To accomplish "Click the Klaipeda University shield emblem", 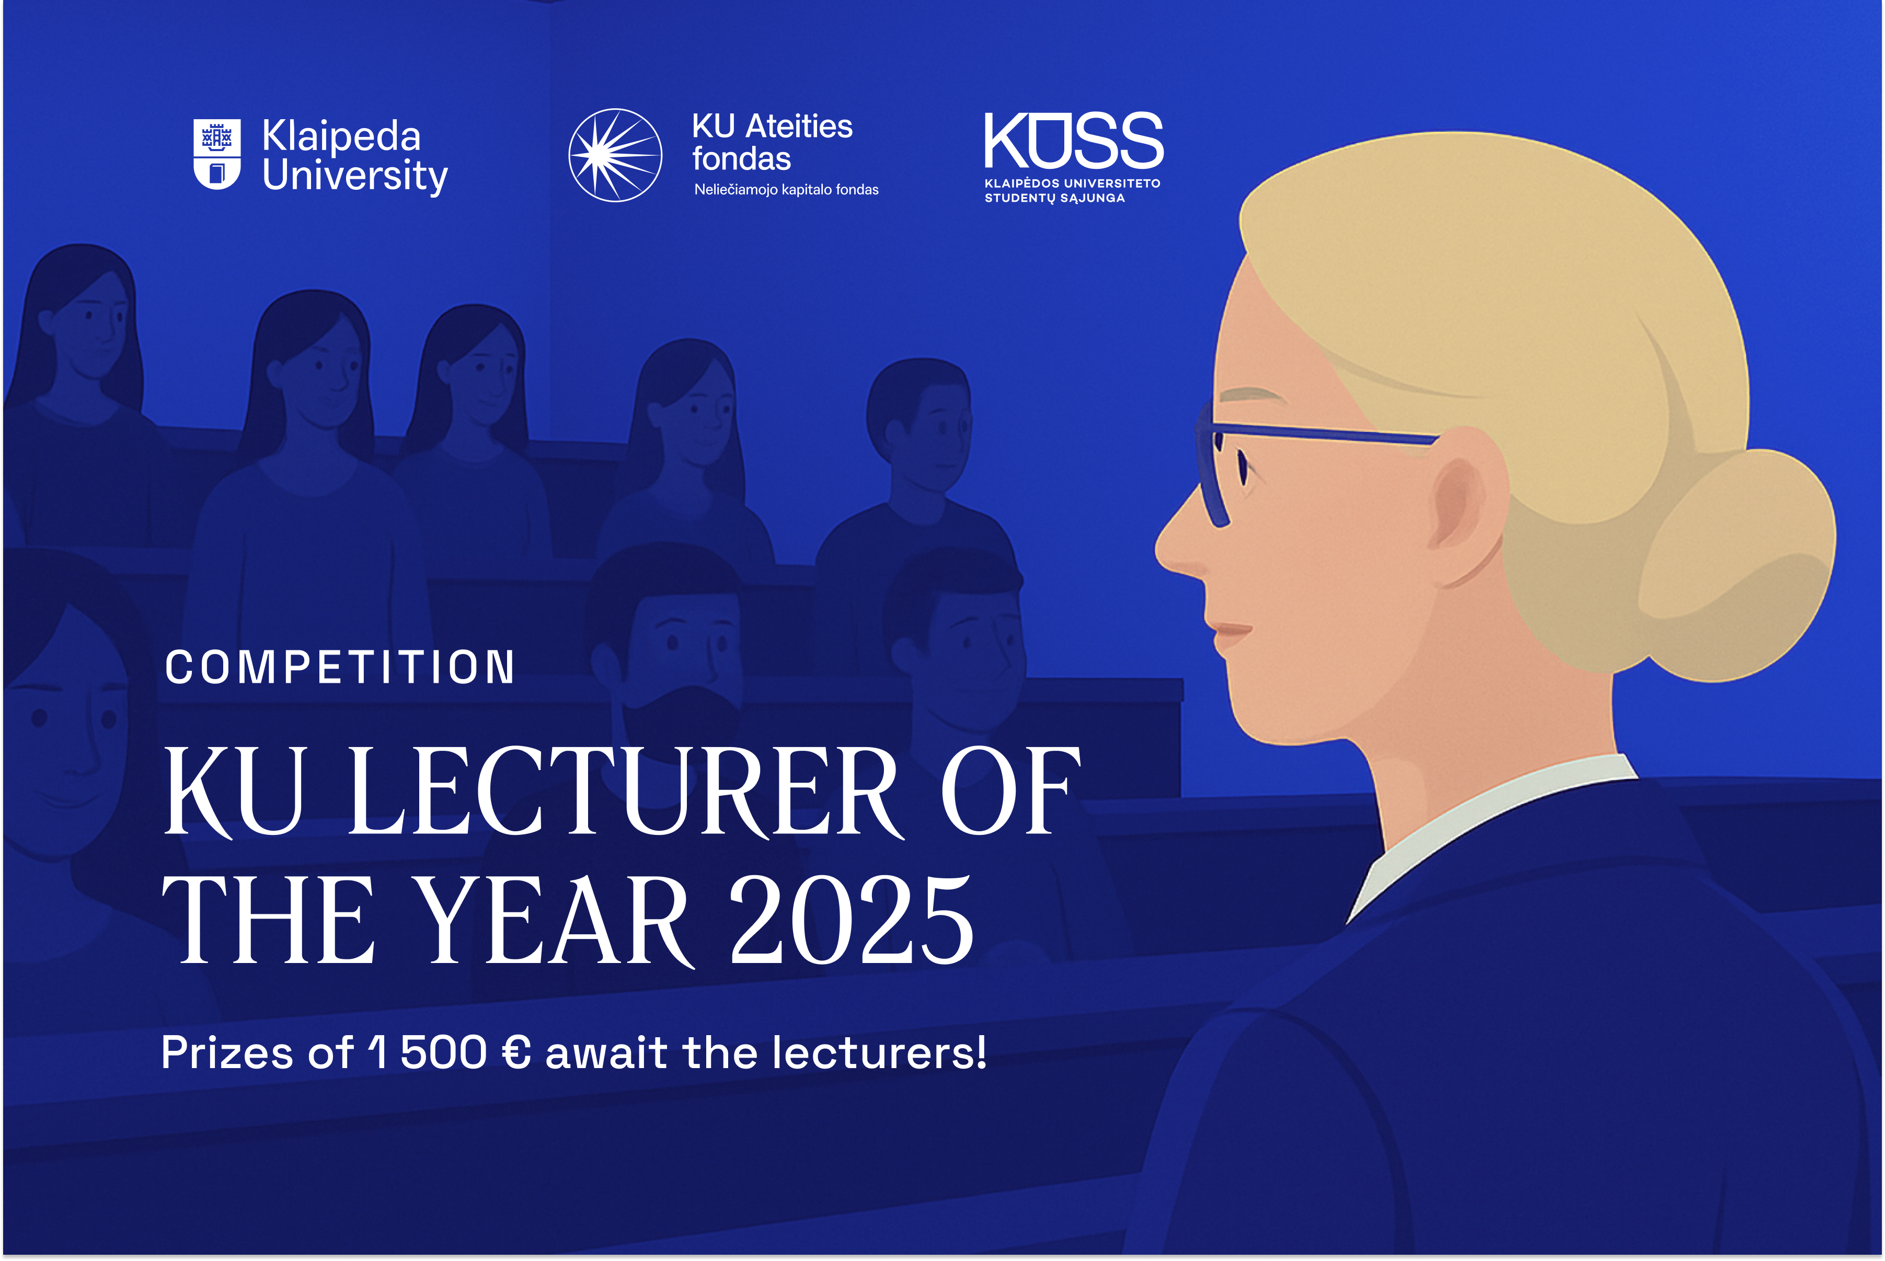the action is [x=217, y=154].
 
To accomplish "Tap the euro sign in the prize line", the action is [x=515, y=1053].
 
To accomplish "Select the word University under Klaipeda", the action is [x=354, y=176].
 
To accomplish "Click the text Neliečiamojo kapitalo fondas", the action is [x=787, y=190].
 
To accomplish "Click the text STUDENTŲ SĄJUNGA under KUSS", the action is [x=1054, y=198].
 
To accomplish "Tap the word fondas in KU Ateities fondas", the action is [x=741, y=159].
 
